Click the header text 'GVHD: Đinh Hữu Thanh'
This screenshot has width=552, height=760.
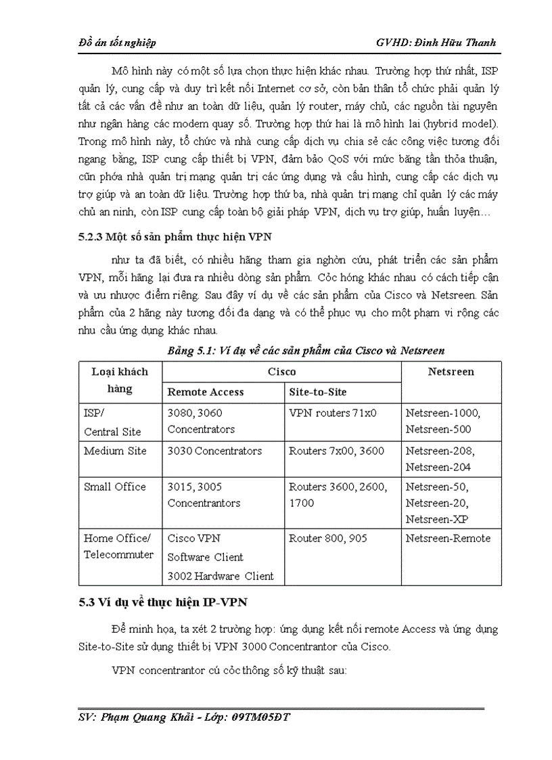(x=436, y=43)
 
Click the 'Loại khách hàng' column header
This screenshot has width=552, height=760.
(x=119, y=380)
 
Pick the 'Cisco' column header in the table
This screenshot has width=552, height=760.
(x=281, y=372)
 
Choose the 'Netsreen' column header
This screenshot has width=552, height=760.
(x=451, y=372)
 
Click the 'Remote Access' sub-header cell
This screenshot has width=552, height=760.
(x=206, y=392)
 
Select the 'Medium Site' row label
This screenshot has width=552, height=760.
(x=115, y=451)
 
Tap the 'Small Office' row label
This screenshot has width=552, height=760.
(x=115, y=487)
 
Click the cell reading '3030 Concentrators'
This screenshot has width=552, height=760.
(x=214, y=451)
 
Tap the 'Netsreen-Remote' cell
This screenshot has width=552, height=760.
(x=448, y=539)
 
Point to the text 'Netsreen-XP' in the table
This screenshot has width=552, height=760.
(x=438, y=519)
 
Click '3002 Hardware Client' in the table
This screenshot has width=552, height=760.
(x=221, y=577)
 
